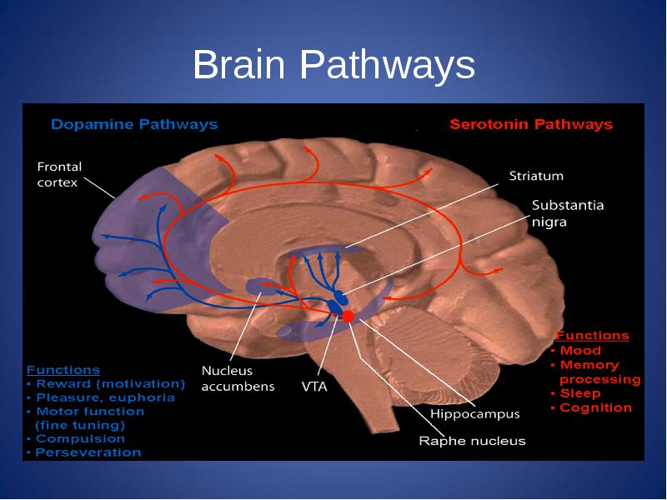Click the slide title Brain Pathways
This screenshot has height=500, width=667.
click(334, 64)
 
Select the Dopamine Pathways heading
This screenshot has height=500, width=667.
click(134, 124)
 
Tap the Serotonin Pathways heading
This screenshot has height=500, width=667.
click(531, 124)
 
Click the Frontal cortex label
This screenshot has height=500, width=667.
click(59, 174)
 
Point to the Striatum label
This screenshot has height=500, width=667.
click(536, 176)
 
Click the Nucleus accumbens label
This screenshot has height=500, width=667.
click(238, 378)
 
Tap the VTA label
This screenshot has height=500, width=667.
click(314, 387)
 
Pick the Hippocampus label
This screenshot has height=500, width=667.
click(474, 413)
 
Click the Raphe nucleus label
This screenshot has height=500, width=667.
click(472, 441)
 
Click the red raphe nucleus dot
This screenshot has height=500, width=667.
click(348, 317)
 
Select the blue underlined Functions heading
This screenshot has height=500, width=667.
click(63, 370)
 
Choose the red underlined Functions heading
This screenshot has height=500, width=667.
click(592, 336)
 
